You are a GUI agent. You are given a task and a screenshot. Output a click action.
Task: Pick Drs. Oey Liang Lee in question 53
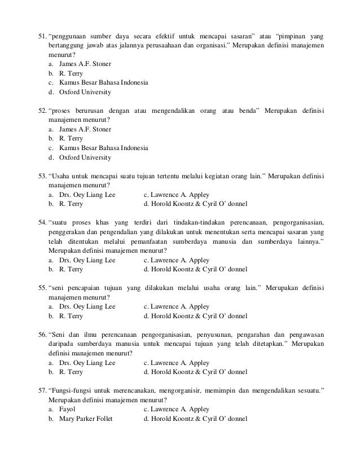point(87,195)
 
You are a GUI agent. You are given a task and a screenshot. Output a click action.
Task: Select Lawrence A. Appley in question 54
point(177,260)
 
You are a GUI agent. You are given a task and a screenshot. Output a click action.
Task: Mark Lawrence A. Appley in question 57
point(177,409)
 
